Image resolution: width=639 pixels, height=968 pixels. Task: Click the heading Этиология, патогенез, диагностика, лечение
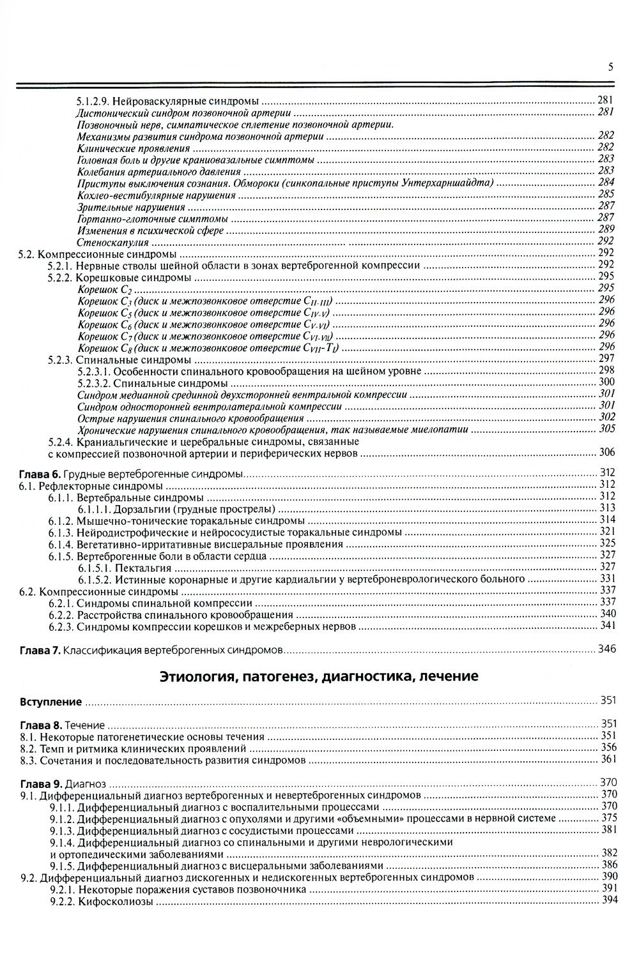point(319,676)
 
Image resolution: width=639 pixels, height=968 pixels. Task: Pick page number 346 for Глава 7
point(606,650)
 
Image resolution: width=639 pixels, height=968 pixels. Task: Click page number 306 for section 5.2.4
point(606,453)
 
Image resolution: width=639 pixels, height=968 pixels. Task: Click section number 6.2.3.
point(61,627)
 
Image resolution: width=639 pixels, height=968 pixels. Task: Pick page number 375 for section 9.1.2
point(609,817)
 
